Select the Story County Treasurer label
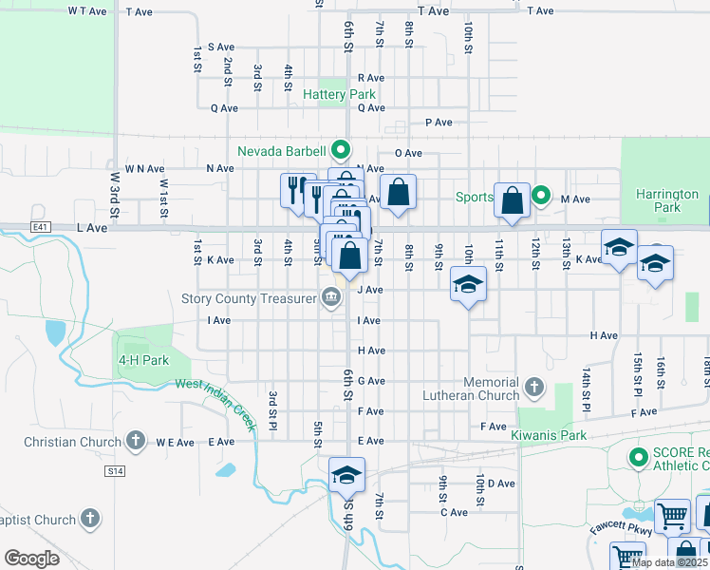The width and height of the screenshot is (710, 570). (249, 299)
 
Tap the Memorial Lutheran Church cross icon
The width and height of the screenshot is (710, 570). (534, 387)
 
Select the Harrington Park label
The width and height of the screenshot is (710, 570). (668, 200)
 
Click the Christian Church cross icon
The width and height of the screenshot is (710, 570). (136, 441)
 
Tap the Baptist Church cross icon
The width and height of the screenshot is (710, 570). (89, 519)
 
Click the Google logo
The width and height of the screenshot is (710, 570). (31, 559)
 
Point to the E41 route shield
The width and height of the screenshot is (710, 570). (39, 228)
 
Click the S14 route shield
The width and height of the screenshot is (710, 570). (115, 471)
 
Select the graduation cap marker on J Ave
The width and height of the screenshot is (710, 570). (468, 284)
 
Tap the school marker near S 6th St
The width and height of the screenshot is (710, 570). (346, 474)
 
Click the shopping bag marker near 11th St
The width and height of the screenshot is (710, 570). (512, 200)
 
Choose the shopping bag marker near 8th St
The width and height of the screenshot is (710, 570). (398, 191)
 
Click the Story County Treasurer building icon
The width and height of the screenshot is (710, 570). (331, 299)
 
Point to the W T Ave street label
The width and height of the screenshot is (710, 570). (87, 11)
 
